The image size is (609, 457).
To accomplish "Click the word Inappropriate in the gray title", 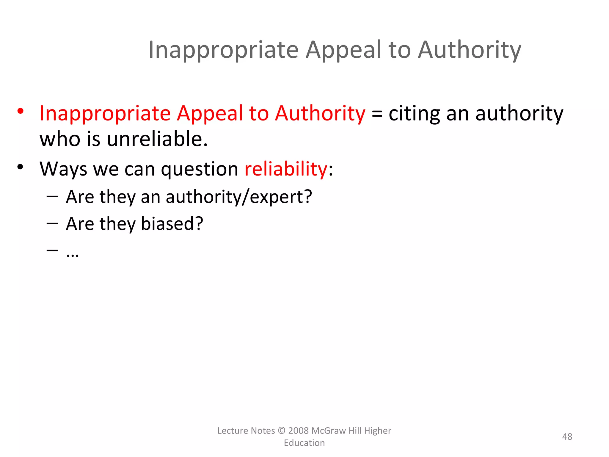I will pos(223,50).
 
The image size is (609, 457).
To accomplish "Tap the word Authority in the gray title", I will pos(470,50).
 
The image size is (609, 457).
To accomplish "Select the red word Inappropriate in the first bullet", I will pos(105,113).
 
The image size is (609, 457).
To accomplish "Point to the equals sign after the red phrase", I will pos(377,114).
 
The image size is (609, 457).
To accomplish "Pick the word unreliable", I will pos(157,139).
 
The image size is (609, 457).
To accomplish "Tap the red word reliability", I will pos(286,169).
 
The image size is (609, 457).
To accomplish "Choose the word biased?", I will pos(172,223).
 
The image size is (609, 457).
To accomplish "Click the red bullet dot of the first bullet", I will pos(20,111).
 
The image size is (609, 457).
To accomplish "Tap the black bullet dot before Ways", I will pos(20,167).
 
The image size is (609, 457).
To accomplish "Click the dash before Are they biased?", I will pos(52,223).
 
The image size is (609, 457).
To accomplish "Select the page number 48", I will pos(567,436).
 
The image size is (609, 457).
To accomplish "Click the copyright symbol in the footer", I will pos(281,431).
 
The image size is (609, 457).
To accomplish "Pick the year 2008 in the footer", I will pos(298,431).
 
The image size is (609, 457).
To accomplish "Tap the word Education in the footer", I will pos(304,443).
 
